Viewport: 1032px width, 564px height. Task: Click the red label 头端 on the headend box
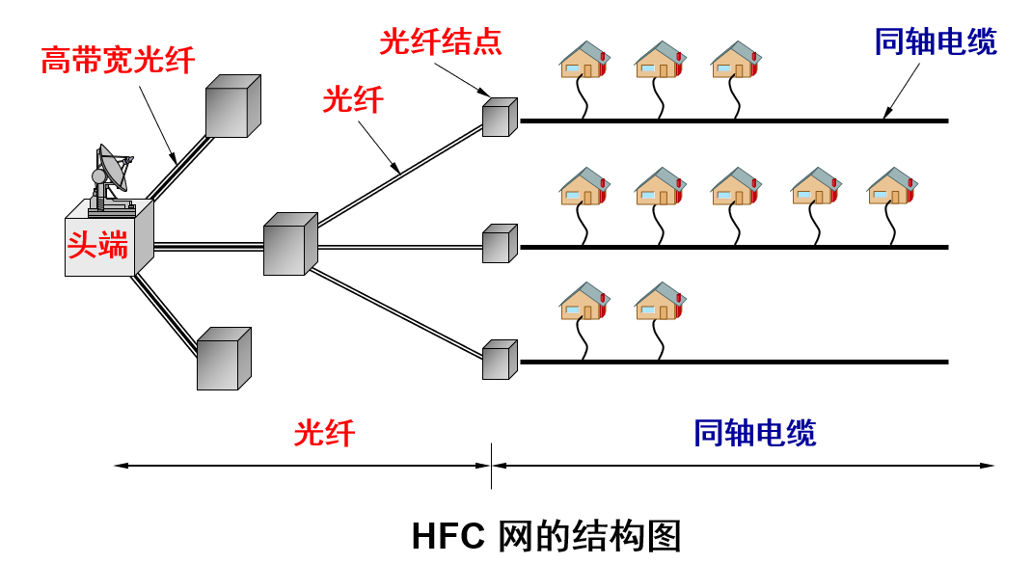(97, 245)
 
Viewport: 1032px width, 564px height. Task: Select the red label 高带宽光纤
(118, 61)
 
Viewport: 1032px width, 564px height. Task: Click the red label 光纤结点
(441, 43)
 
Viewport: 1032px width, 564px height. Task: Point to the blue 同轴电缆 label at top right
(935, 42)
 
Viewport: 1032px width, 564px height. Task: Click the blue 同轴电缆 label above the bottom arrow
(754, 433)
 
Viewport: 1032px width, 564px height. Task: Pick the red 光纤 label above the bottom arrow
(324, 433)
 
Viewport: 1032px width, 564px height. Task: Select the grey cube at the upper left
(232, 106)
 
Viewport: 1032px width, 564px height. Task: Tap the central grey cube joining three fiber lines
(289, 245)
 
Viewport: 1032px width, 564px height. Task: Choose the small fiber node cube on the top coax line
(500, 117)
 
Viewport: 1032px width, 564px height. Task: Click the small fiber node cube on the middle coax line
(500, 244)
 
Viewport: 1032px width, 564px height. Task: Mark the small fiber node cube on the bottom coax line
(500, 359)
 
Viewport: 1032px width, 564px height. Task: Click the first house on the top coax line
(584, 60)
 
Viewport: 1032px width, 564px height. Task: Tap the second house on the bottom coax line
(660, 301)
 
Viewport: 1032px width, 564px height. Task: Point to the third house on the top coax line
(736, 60)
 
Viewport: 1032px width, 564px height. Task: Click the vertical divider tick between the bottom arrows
(492, 466)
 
